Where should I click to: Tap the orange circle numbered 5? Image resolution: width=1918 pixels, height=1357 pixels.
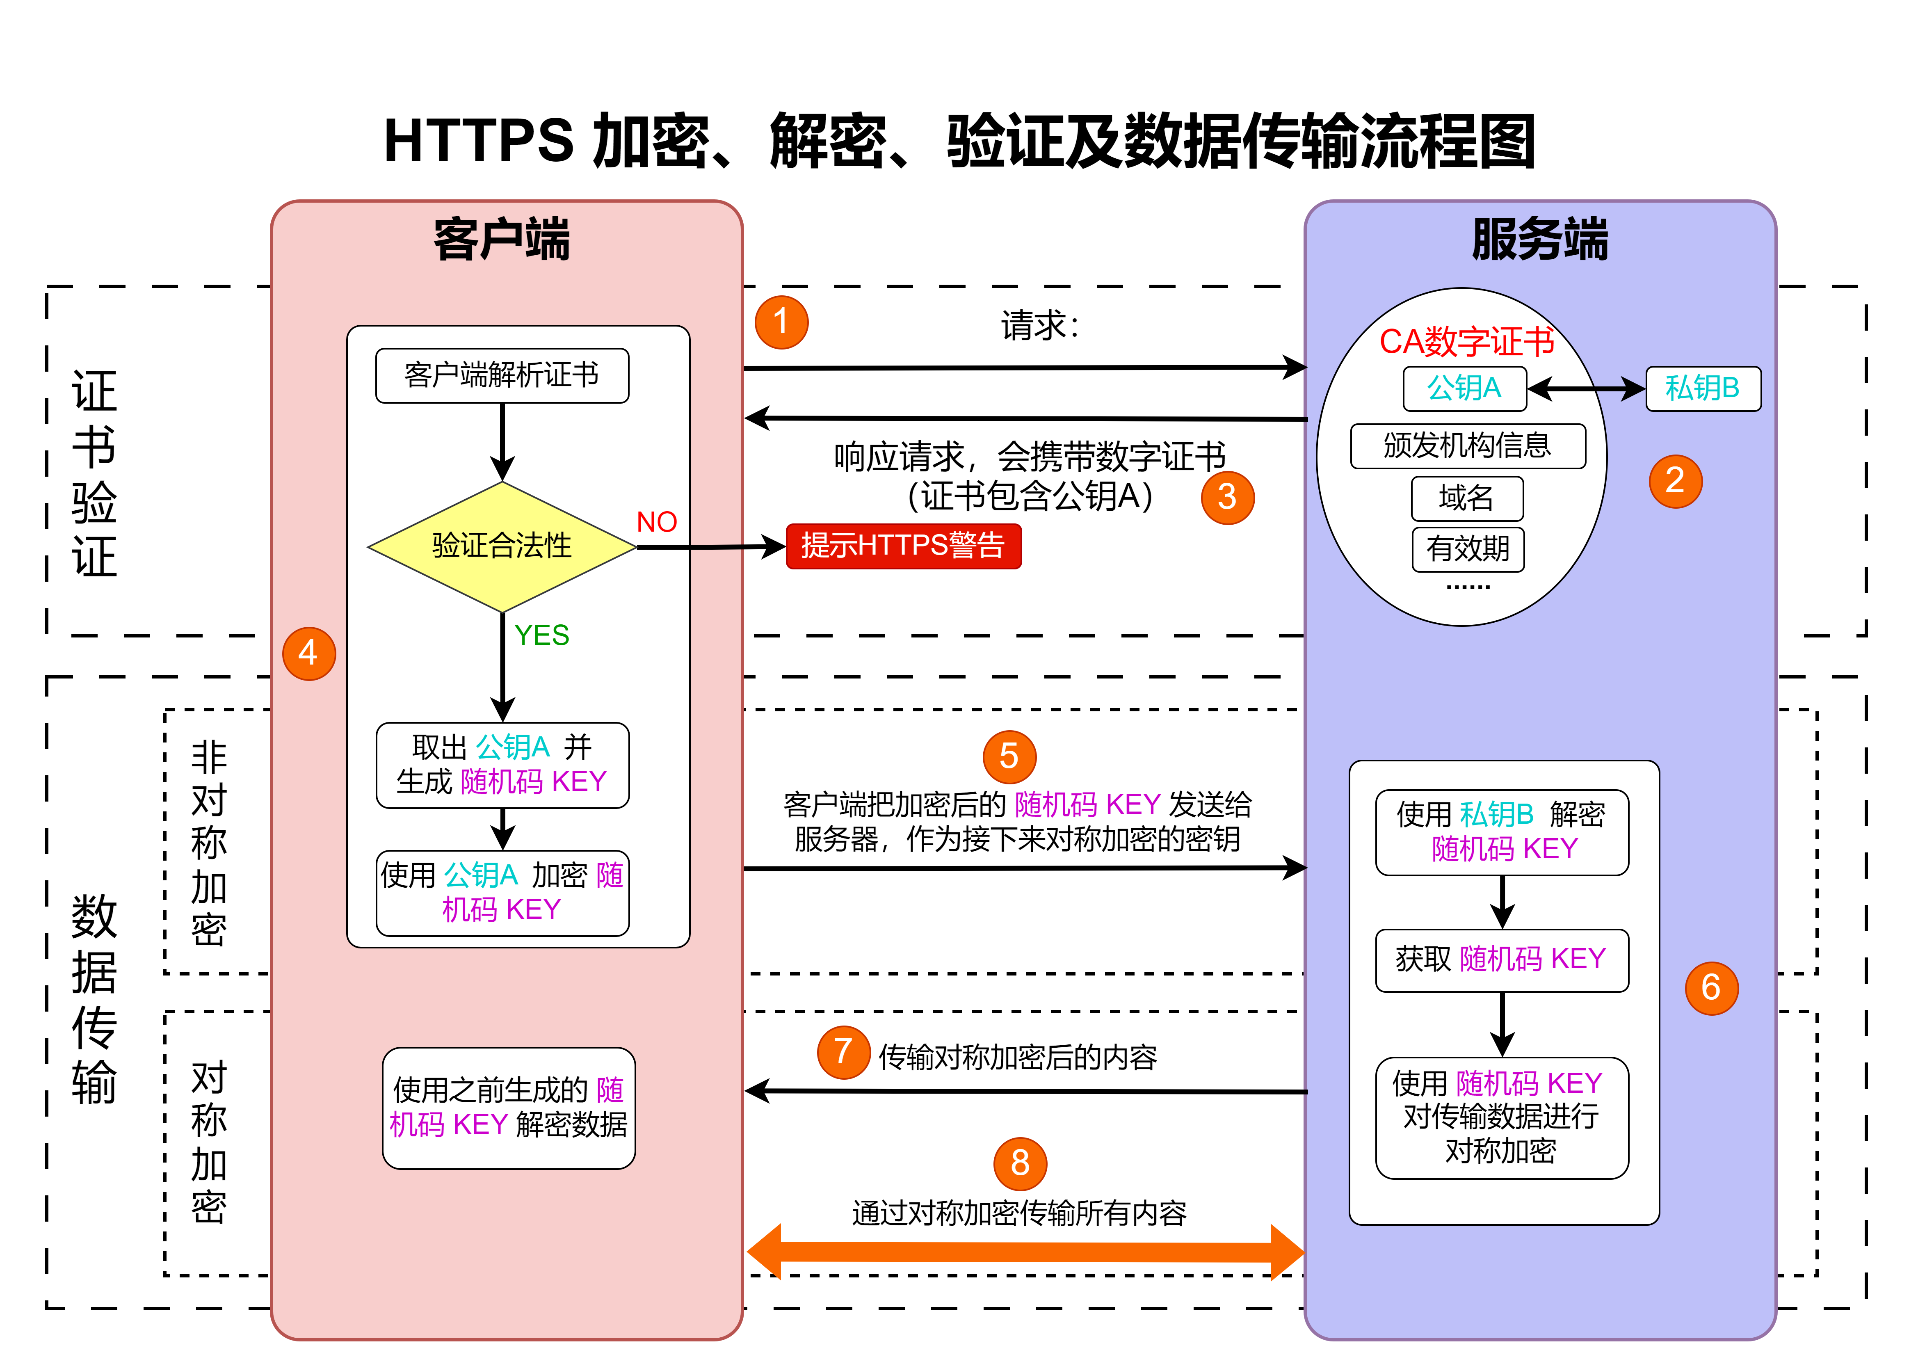[x=1009, y=757]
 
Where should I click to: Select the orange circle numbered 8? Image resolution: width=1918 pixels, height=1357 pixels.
[x=1020, y=1163]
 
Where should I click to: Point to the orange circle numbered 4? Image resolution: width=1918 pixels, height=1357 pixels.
[x=309, y=653]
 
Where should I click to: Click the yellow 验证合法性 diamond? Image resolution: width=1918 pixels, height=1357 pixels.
[x=502, y=546]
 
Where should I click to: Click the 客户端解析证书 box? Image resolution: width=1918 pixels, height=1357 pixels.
[x=502, y=375]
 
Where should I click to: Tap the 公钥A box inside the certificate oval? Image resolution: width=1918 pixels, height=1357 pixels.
[x=1464, y=388]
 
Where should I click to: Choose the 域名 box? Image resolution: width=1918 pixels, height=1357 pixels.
[x=1467, y=498]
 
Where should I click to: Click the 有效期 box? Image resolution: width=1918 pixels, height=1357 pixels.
[x=1468, y=549]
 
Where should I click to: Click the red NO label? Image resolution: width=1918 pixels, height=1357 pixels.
[x=657, y=522]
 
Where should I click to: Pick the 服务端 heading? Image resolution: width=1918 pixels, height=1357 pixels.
[x=1539, y=240]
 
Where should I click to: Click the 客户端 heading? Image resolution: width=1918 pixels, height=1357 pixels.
[x=502, y=240]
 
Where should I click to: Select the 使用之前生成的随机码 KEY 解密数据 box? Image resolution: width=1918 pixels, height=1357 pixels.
[x=509, y=1108]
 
